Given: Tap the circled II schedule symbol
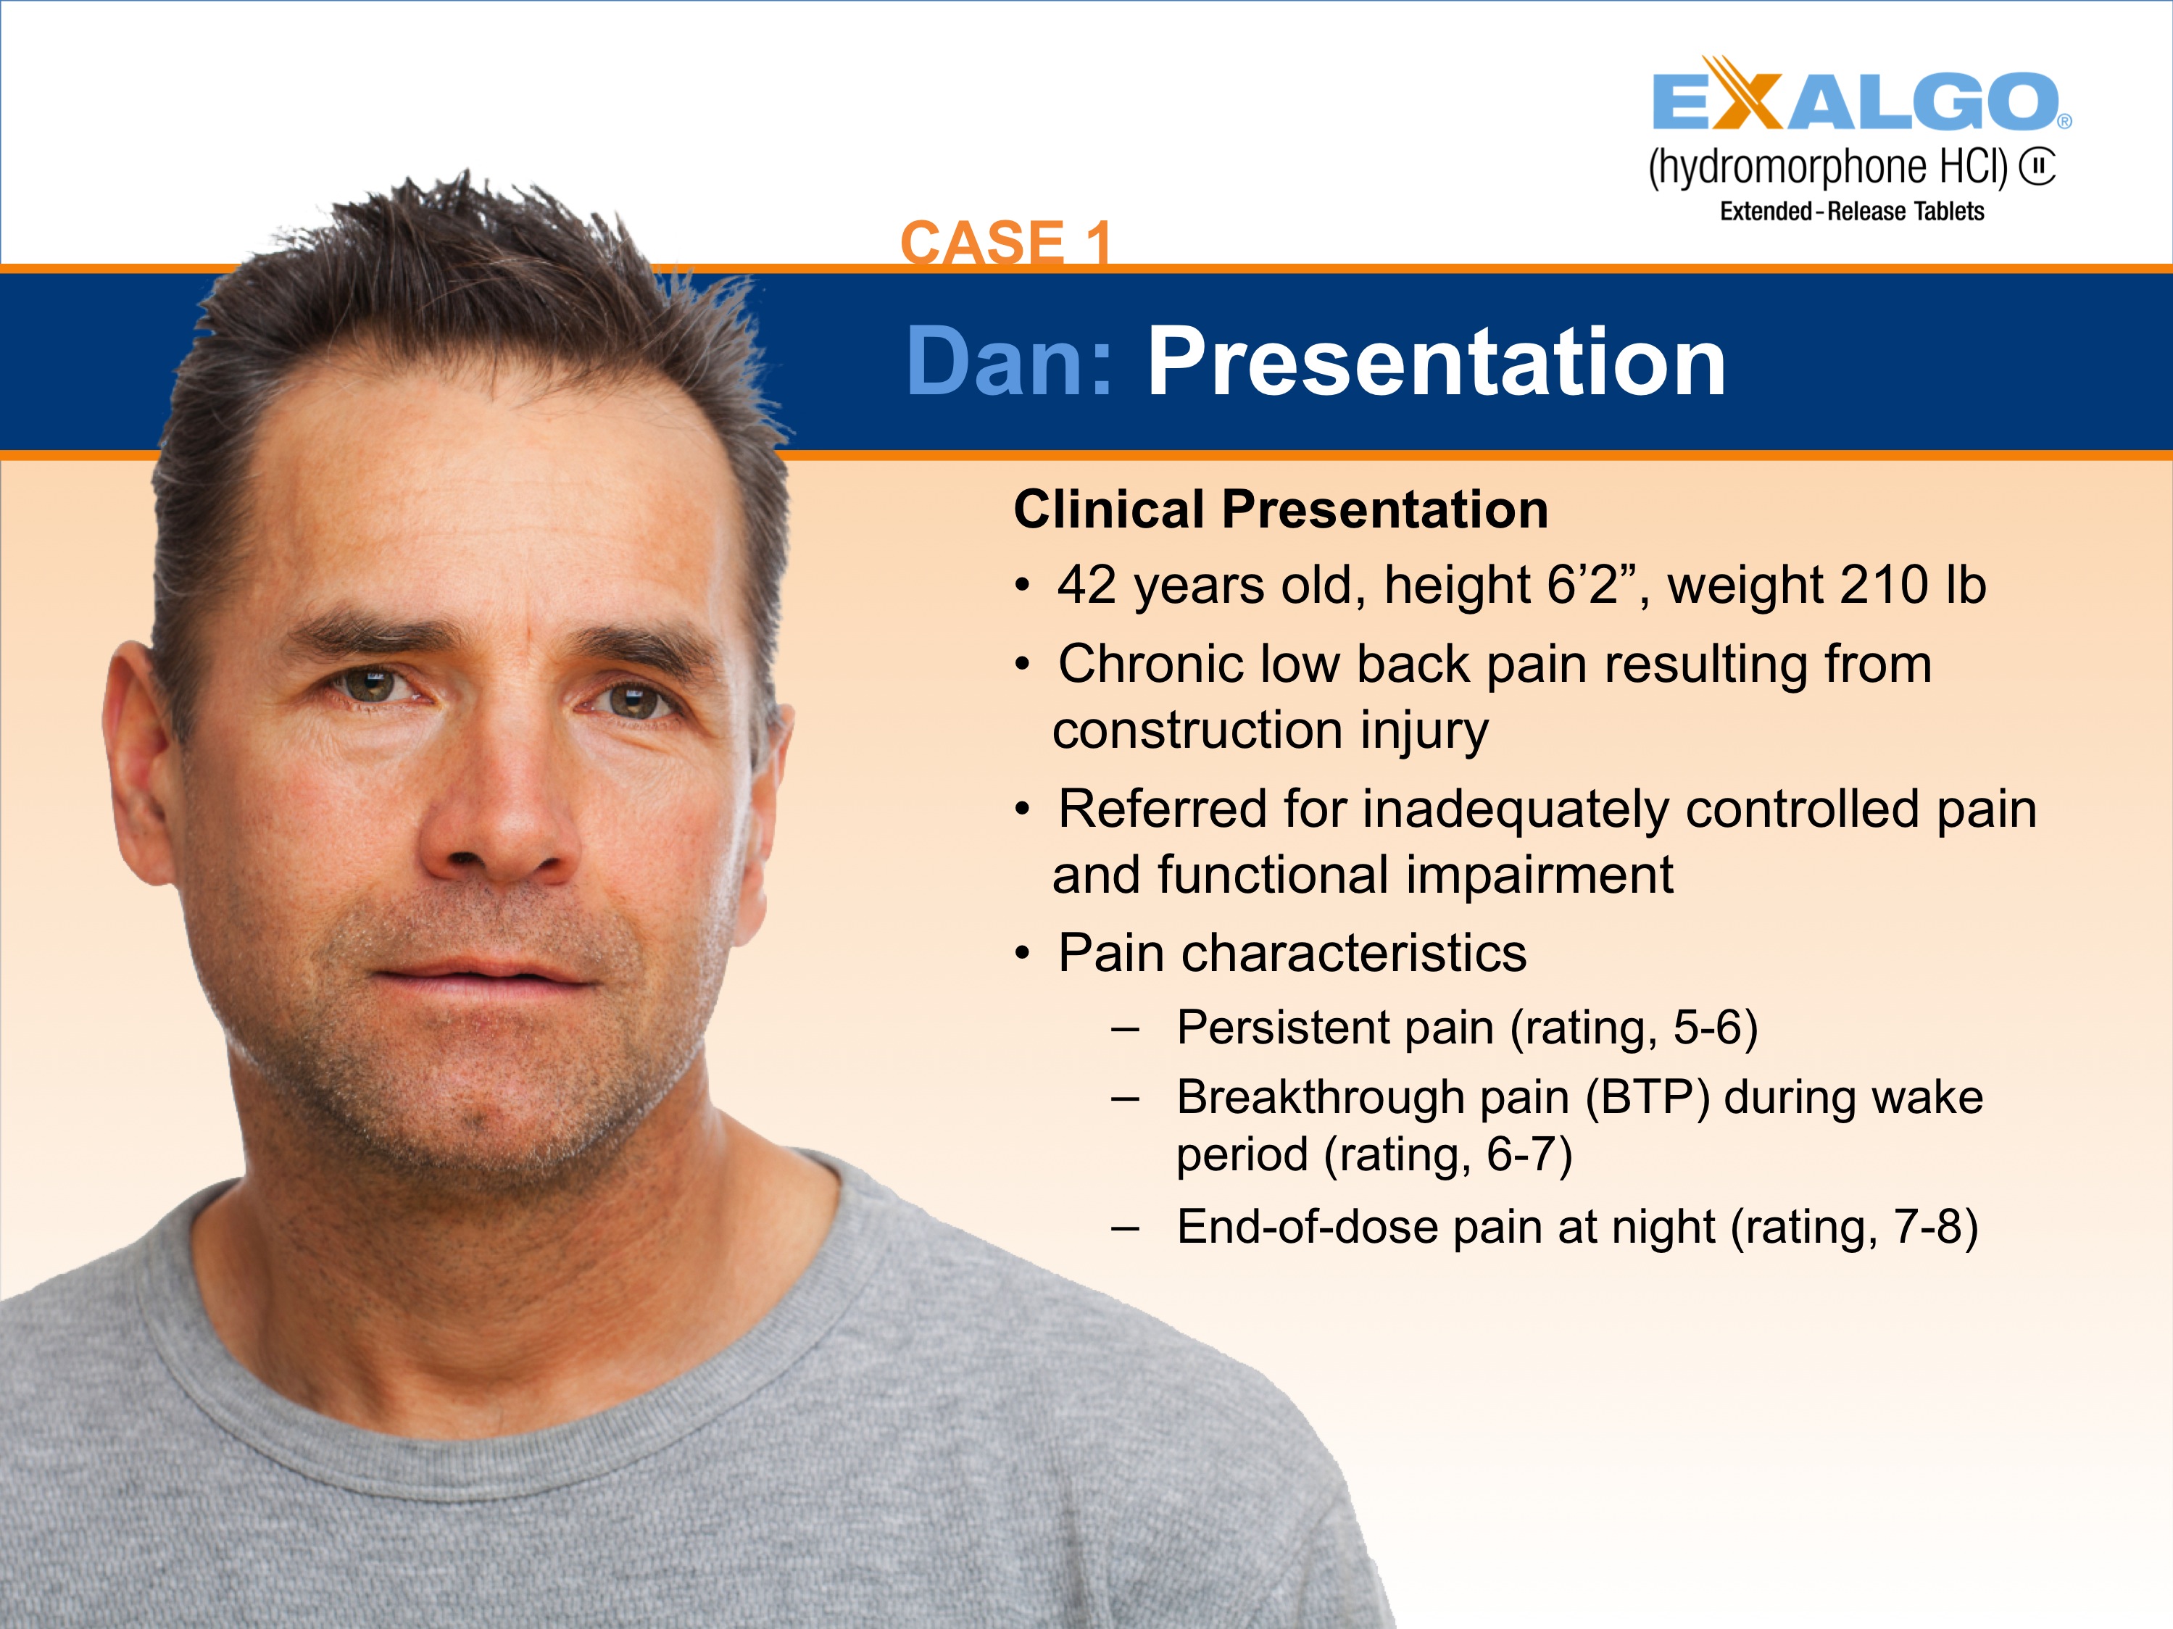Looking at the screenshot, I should coord(2037,167).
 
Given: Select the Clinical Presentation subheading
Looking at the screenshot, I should coord(1280,509).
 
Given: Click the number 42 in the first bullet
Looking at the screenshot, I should coord(1086,586).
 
